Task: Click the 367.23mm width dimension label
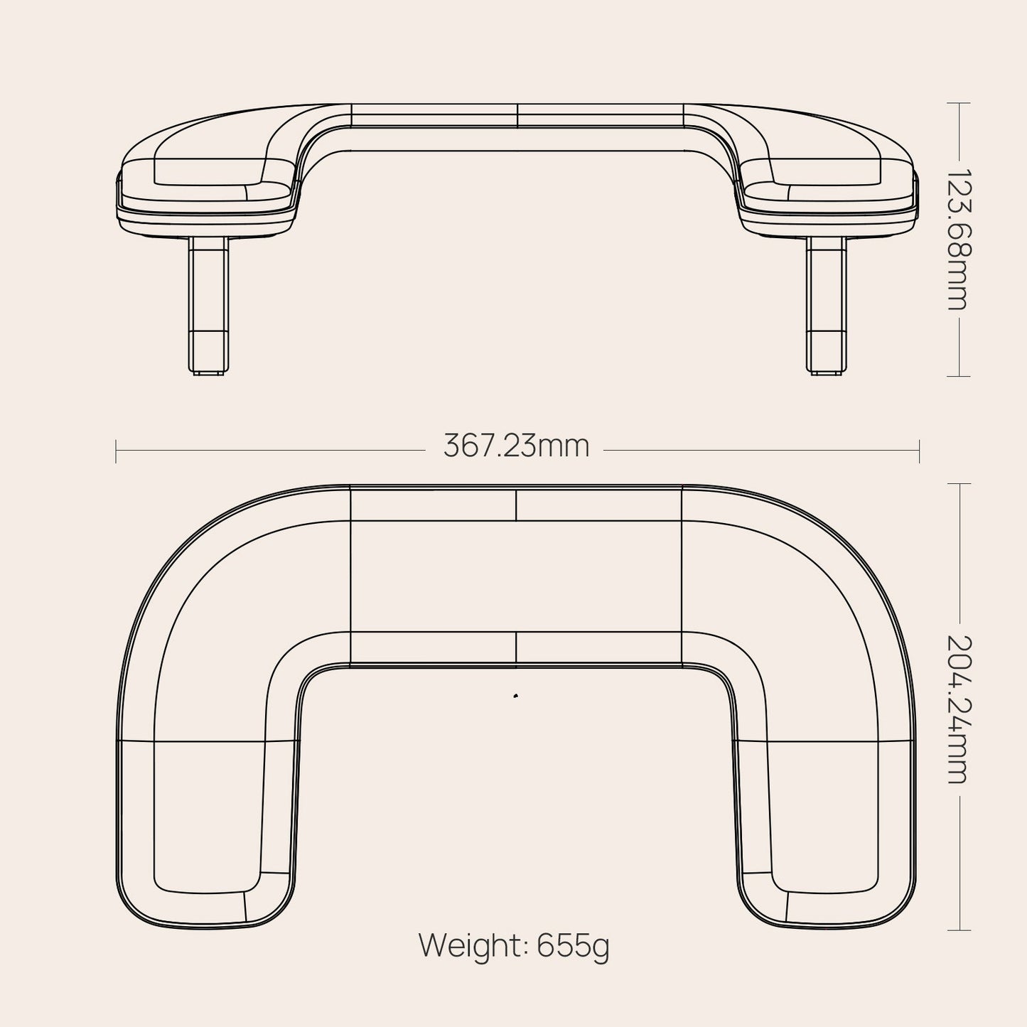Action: (x=517, y=447)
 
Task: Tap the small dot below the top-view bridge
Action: (x=515, y=696)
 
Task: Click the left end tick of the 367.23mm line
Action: (x=116, y=451)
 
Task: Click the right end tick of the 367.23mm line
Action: (x=920, y=451)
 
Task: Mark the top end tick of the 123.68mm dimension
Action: (x=959, y=103)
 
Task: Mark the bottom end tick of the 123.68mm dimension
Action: (x=959, y=376)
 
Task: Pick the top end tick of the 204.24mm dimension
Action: (x=959, y=483)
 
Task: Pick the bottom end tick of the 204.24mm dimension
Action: (x=959, y=930)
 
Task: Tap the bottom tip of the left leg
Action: (x=209, y=371)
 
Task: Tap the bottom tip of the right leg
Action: (x=827, y=371)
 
